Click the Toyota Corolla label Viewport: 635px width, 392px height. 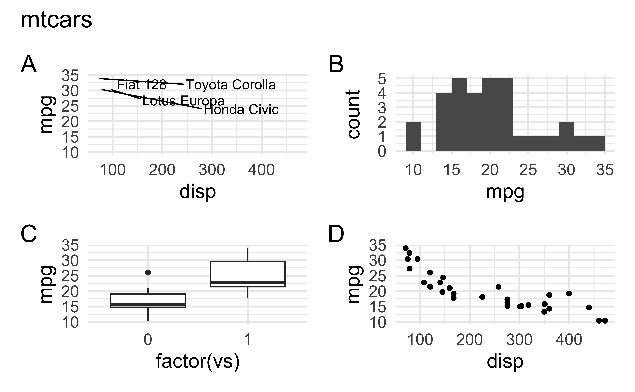pos(231,85)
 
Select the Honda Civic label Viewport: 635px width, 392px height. pos(241,110)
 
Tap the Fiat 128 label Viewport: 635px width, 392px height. pos(141,85)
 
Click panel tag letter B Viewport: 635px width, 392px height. pos(336,65)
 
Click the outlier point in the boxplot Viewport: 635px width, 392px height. pos(148,272)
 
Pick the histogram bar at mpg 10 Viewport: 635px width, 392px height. pos(413,136)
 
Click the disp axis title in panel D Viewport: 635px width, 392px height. pos(505,361)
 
